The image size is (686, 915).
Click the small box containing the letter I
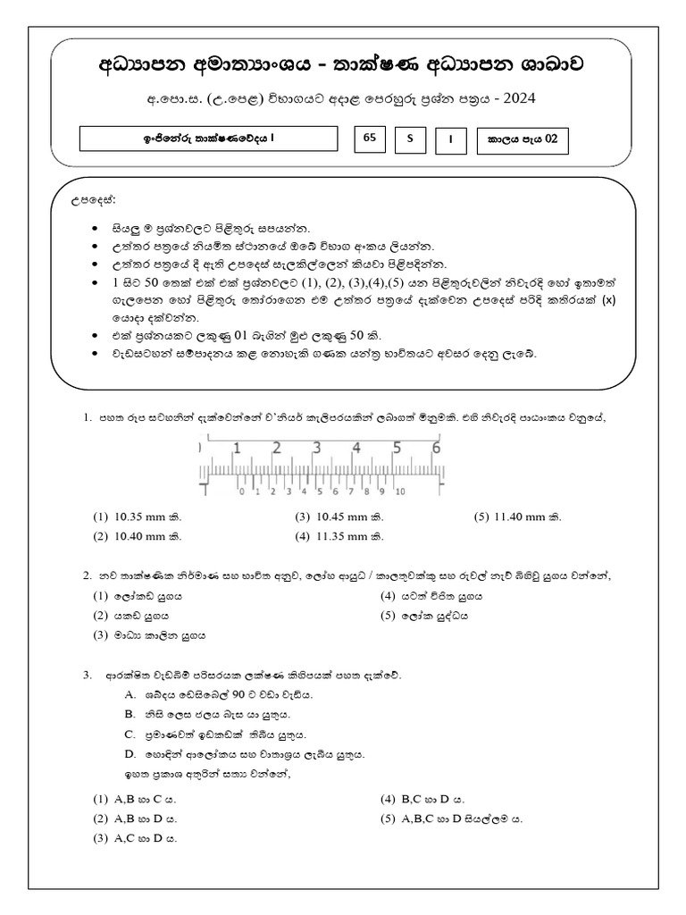[x=451, y=139]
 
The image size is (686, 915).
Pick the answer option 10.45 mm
[x=344, y=516]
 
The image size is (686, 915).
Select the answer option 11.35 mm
[x=344, y=536]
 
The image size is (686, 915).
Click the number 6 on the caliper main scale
[x=436, y=449]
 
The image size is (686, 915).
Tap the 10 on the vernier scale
[x=400, y=491]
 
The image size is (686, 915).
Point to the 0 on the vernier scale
[x=240, y=491]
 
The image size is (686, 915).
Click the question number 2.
[x=88, y=575]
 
